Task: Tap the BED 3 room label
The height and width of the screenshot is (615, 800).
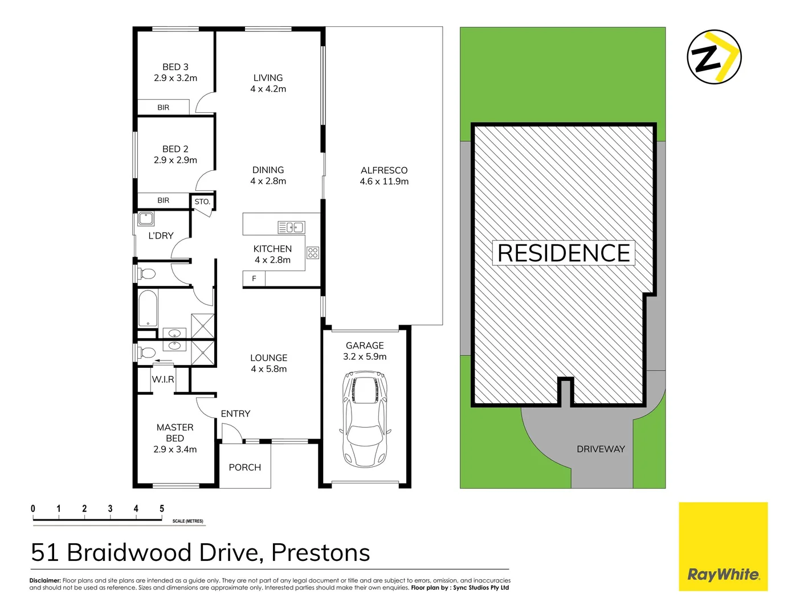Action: click(175, 67)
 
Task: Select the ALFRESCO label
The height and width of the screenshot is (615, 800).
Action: click(384, 170)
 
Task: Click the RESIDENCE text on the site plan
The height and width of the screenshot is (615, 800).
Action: click(564, 253)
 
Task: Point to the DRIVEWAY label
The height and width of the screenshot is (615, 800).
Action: click(601, 449)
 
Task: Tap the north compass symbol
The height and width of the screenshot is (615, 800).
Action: click(713, 58)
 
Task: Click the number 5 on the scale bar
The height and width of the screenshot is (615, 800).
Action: click(162, 509)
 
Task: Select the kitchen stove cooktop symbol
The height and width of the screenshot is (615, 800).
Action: click(313, 252)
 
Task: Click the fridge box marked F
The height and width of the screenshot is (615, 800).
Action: click(254, 278)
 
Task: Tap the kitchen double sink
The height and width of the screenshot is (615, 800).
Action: click(291, 228)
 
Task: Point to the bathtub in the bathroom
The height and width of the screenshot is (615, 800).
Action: click(148, 308)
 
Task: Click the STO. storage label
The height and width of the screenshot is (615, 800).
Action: click(202, 202)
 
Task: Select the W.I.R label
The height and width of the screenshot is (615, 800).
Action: click(163, 379)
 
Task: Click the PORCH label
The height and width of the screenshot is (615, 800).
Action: click(245, 468)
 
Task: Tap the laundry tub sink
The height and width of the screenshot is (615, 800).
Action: click(146, 219)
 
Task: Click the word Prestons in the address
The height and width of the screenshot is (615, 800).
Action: click(320, 552)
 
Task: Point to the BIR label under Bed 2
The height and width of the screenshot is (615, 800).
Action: click(164, 200)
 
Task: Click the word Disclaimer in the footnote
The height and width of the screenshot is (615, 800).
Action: click(45, 581)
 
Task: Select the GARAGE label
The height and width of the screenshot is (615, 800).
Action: click(365, 346)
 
